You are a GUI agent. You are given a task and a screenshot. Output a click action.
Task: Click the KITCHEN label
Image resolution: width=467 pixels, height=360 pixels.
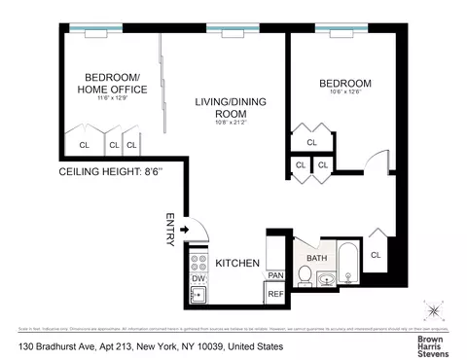click(x=235, y=263)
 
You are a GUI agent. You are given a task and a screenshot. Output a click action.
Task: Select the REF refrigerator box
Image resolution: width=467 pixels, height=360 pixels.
click(x=275, y=293)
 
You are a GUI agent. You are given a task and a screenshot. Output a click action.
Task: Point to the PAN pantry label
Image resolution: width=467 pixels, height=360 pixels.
click(x=275, y=275)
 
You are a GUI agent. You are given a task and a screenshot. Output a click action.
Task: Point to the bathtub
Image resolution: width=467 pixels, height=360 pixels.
click(x=348, y=264)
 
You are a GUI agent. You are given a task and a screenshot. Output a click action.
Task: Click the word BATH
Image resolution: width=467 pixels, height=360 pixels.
click(x=317, y=258)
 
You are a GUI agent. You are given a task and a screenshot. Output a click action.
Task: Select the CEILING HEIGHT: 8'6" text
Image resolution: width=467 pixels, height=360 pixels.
click(x=110, y=173)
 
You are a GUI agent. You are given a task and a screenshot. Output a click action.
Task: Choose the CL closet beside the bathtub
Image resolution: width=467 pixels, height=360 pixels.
click(x=376, y=255)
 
